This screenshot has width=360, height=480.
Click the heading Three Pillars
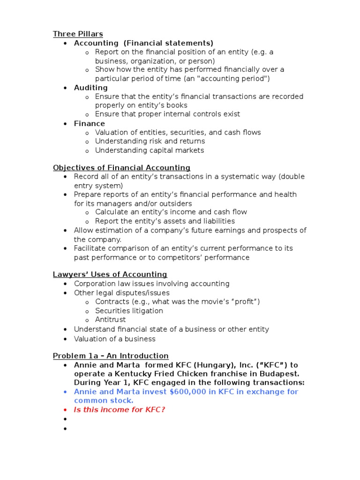pos(78,34)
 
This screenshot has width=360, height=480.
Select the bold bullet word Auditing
pos(90,88)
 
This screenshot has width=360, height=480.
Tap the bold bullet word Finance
pos(89,124)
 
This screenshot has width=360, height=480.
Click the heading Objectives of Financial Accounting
pos(121,168)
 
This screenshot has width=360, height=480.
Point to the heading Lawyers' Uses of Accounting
pos(110,275)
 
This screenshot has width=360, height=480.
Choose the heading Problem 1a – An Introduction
pos(111,356)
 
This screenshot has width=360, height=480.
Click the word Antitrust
pos(110,320)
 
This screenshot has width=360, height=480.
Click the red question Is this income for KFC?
pos(120,410)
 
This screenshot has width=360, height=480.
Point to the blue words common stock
pos(104,401)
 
